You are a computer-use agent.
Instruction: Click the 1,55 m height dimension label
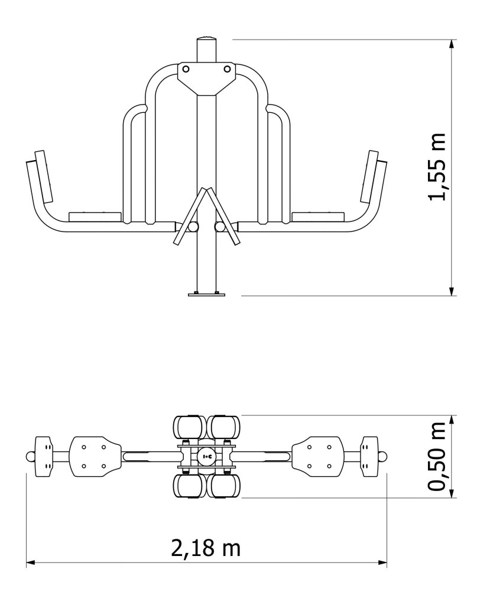point(437,167)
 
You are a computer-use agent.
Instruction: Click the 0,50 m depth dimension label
point(437,457)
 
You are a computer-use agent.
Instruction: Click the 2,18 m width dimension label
point(206,548)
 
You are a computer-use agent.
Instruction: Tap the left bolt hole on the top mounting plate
point(186,69)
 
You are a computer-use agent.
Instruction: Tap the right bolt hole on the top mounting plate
point(228,69)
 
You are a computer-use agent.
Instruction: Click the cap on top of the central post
point(206,39)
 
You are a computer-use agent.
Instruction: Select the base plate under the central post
point(206,295)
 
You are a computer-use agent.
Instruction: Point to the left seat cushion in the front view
point(95,216)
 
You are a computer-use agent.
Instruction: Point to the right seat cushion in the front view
point(317,216)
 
